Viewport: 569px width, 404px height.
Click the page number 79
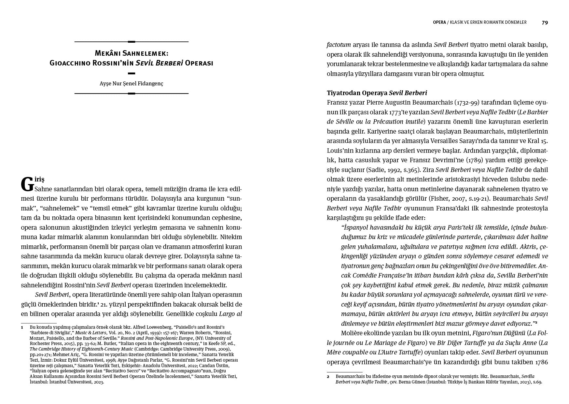tap(545, 22)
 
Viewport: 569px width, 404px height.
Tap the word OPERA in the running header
tap(439, 22)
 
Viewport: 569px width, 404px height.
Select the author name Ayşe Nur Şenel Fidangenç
tap(131, 83)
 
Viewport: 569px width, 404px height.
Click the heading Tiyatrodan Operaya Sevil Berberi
tap(377, 93)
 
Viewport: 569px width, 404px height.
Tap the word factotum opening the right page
tap(339, 45)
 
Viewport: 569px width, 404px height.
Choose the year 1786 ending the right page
tap(541, 362)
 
